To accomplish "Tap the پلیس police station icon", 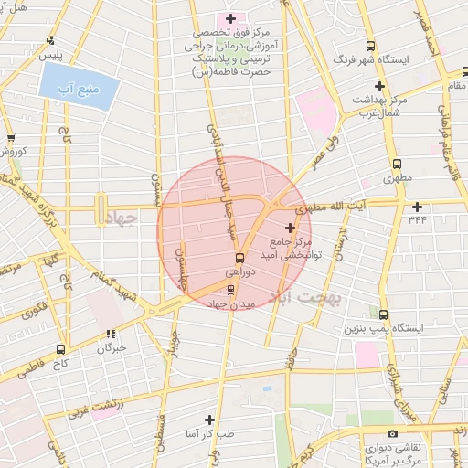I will pyautogui.click(x=49, y=40).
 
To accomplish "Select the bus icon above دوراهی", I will pyautogui.click(x=239, y=257).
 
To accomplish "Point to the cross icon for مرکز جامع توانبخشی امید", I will pyautogui.click(x=291, y=227).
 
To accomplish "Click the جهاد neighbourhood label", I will pyautogui.click(x=120, y=218).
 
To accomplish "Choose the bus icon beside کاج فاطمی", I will pyautogui.click(x=60, y=348).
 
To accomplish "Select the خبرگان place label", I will pyautogui.click(x=111, y=348).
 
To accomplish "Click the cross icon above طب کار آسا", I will pyautogui.click(x=210, y=419).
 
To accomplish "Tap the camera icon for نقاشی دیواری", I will pyautogui.click(x=392, y=433).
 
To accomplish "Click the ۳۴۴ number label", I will pyautogui.click(x=418, y=218).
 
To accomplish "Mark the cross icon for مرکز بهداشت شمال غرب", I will pyautogui.click(x=379, y=86).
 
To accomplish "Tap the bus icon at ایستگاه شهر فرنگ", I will pyautogui.click(x=369, y=46).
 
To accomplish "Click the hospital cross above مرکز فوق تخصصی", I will pyautogui.click(x=230, y=18).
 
